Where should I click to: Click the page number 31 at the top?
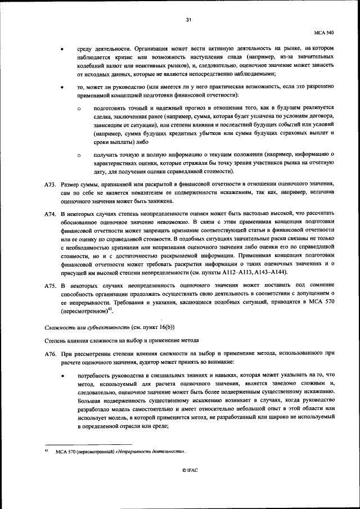188,20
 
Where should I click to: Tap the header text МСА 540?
325,33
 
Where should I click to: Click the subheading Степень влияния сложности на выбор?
121,340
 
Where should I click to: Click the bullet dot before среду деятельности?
61,49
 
